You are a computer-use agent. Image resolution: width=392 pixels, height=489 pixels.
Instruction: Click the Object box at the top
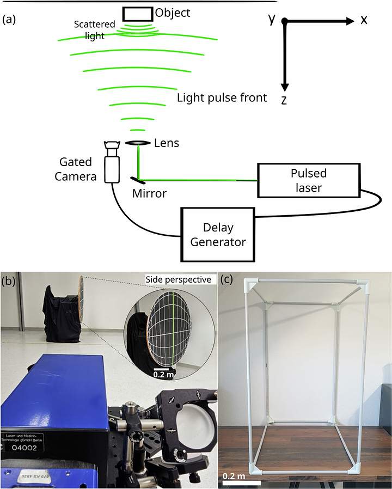137,14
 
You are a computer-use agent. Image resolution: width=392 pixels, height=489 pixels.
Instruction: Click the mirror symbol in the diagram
137,180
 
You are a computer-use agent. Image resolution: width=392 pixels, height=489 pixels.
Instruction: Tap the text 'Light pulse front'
222,97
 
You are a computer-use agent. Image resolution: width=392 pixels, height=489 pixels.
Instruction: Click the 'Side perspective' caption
177,279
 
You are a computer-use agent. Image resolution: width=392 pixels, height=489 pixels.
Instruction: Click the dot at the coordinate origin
284,21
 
